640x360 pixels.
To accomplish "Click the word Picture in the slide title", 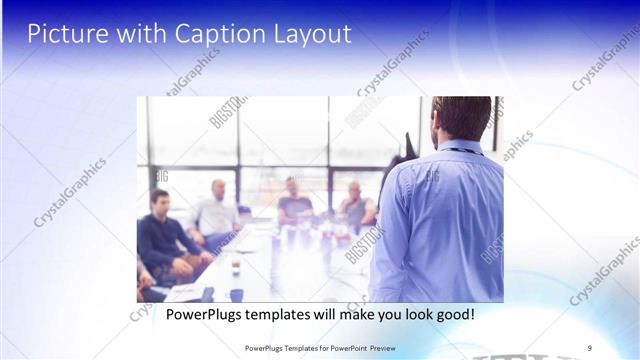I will coord(62,33).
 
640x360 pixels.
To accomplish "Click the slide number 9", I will coord(590,347).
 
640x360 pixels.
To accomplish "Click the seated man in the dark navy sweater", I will coord(161,240).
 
